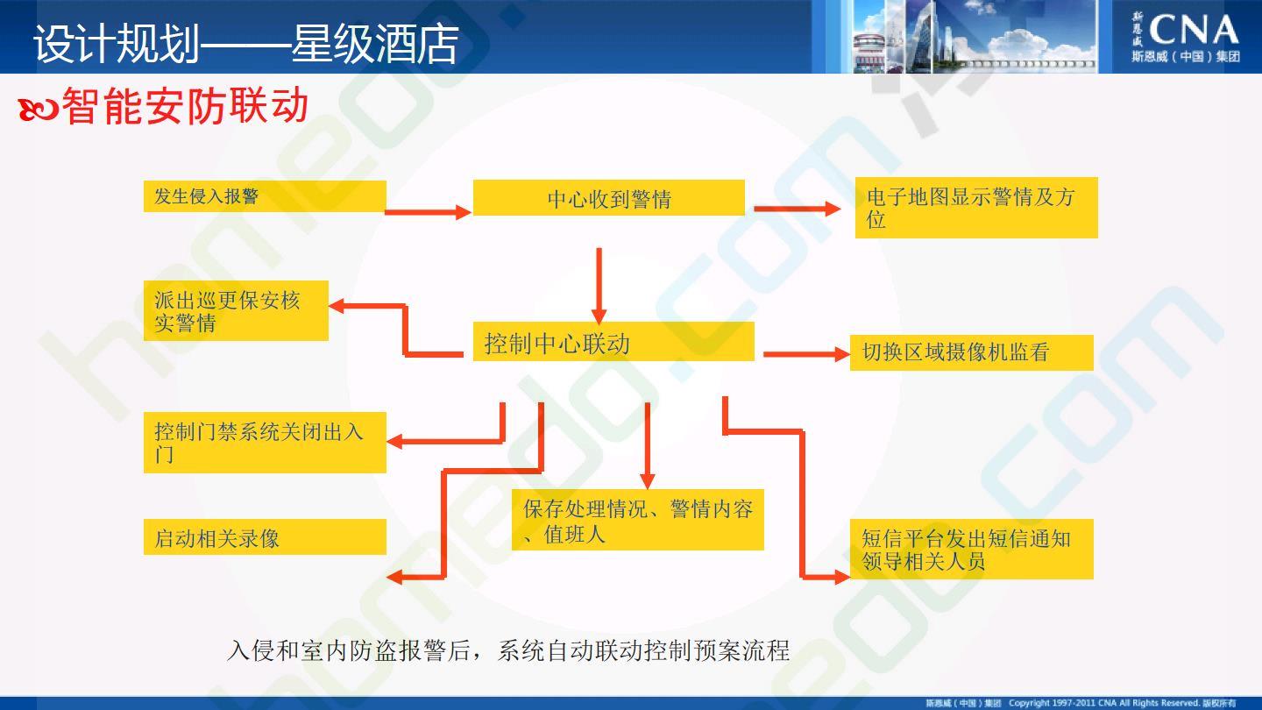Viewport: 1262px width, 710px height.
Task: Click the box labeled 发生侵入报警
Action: tap(265, 196)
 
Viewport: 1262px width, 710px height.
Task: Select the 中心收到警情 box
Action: tap(609, 198)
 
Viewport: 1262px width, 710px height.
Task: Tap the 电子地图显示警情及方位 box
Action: tap(976, 208)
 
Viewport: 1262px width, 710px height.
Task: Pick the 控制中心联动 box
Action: tap(613, 342)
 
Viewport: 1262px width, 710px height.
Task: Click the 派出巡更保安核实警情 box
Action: tap(236, 310)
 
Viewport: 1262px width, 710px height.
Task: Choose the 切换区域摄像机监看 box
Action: tap(972, 352)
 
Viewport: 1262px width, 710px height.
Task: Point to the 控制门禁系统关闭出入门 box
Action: tap(265, 443)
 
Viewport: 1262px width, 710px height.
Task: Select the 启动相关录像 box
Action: tap(265, 537)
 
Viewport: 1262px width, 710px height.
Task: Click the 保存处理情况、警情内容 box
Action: tap(638, 520)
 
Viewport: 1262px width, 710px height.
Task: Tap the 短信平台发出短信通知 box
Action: tap(972, 550)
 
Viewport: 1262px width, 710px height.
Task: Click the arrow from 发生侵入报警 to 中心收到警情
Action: tap(429, 212)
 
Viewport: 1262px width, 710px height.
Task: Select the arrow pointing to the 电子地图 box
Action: tap(798, 209)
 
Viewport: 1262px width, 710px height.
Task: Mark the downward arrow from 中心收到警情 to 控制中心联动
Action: tap(599, 287)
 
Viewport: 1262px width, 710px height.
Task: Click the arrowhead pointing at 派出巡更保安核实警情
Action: tap(337, 306)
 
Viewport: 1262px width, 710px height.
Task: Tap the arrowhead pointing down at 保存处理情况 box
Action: tap(648, 480)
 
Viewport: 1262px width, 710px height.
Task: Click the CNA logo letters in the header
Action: tap(1194, 30)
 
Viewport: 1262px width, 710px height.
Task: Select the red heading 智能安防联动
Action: tap(185, 105)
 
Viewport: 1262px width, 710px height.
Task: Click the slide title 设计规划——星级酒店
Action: tap(245, 44)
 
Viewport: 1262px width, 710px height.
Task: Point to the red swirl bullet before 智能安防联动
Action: tap(39, 110)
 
